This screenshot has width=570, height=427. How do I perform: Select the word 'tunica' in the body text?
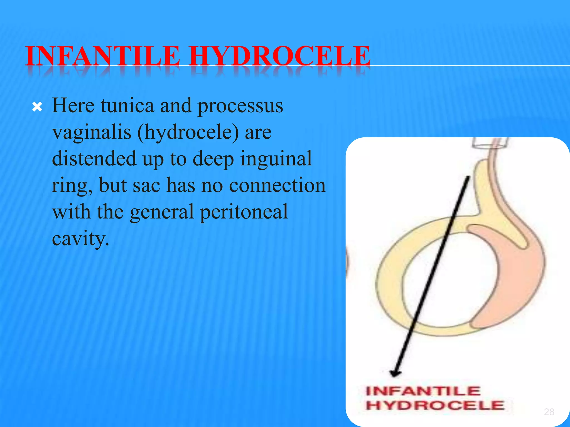pos(127,106)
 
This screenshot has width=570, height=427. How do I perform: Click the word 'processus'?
pos(240,106)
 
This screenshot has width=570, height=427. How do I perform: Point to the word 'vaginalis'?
pos(92,132)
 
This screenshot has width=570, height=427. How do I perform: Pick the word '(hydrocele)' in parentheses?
pos(188,132)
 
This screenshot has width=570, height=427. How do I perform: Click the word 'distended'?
pos(94,159)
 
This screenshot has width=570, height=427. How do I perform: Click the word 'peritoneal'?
pos(244,212)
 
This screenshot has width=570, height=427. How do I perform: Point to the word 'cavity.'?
pos(80,238)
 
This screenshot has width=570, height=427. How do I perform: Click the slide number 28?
pos(549,412)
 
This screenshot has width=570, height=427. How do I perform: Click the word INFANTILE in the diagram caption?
pos(423,391)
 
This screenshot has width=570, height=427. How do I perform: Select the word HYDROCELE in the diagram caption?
pos(435,405)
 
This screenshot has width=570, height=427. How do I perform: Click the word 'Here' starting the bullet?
pos(73,106)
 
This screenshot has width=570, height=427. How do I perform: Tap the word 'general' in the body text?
pos(162,212)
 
